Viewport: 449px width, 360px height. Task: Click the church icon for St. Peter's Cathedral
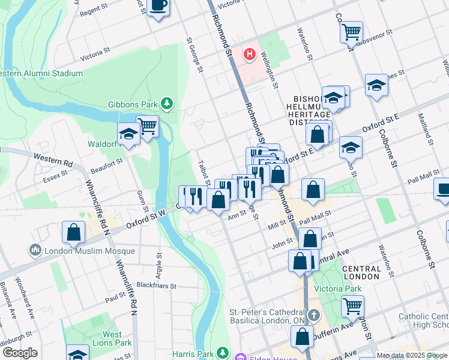(x=313, y=314)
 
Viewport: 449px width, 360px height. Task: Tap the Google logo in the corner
(x=20, y=353)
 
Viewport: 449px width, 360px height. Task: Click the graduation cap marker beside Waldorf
(x=128, y=134)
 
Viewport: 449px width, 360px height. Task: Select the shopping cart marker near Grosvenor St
(x=351, y=31)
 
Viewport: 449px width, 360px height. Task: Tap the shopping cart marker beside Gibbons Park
(x=147, y=125)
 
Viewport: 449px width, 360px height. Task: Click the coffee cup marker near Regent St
(x=158, y=7)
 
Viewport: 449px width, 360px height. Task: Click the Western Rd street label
(x=53, y=160)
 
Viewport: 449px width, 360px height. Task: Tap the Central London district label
(x=361, y=272)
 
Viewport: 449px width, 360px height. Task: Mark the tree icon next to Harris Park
(x=223, y=352)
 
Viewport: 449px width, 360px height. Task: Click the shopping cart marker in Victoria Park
(x=352, y=305)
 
